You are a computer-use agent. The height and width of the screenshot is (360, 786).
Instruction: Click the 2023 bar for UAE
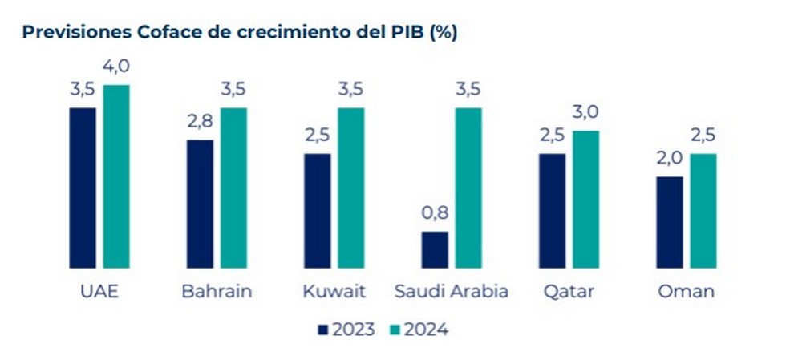point(83,188)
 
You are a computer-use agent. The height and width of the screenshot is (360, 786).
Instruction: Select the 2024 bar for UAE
point(115,176)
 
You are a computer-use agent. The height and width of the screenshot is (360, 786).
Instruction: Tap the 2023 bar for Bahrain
point(200,204)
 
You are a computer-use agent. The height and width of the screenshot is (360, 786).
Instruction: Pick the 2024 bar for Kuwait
point(350,188)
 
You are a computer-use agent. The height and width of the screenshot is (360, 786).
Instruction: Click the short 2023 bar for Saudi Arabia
point(435,249)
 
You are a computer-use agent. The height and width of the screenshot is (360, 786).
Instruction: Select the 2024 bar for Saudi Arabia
point(468,188)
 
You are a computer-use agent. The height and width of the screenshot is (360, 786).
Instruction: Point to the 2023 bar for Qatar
point(553,211)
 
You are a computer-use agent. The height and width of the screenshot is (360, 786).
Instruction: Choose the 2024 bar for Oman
point(703,211)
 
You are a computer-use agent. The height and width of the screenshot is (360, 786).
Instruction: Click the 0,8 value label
point(435,216)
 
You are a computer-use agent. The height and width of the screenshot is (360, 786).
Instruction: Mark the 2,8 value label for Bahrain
point(201,123)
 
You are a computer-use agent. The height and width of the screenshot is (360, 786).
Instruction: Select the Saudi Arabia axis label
point(452,291)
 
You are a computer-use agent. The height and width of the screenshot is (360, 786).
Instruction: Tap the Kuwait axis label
point(334,291)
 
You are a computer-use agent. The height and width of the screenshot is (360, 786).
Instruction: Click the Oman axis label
point(686,291)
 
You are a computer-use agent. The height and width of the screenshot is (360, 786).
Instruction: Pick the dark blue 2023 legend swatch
point(324,330)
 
